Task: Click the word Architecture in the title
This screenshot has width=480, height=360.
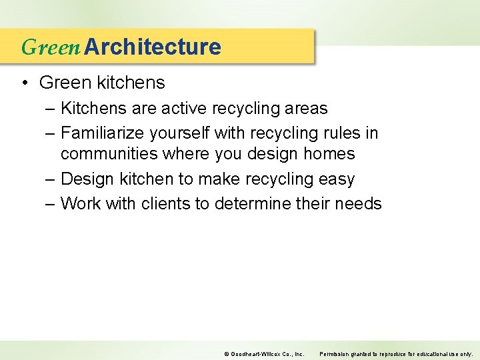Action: click(153, 47)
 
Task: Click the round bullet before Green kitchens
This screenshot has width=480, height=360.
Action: click(24, 83)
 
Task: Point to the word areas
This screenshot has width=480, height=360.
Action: click(306, 108)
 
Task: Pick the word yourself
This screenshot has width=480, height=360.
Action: click(179, 133)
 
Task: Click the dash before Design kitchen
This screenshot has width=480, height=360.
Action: click(50, 179)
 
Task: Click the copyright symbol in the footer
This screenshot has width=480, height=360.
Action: click(226, 353)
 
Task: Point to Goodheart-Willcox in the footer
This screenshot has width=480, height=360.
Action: click(254, 353)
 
